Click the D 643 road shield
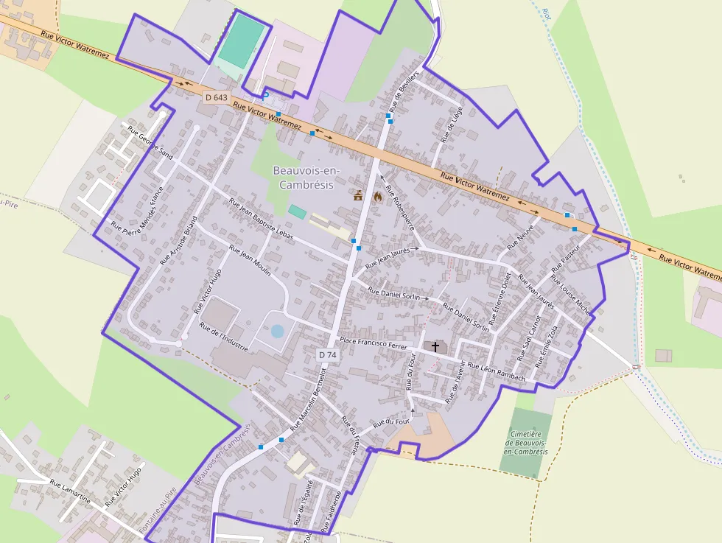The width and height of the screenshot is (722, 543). (x=217, y=97)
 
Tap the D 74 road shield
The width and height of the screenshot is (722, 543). (x=328, y=354)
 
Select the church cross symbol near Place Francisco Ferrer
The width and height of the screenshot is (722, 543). (x=435, y=346)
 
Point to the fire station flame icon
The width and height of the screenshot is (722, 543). (x=378, y=196)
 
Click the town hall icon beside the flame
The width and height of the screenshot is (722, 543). (x=359, y=196)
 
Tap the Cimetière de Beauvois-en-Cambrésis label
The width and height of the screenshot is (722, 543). (x=527, y=443)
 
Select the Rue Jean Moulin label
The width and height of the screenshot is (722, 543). (x=250, y=259)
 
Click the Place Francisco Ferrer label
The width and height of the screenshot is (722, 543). (x=374, y=343)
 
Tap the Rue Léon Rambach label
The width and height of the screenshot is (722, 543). (x=497, y=371)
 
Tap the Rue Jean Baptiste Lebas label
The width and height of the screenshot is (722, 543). (x=261, y=217)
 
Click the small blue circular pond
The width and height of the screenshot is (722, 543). (x=277, y=331)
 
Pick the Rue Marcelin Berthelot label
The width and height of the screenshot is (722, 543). (x=307, y=397)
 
